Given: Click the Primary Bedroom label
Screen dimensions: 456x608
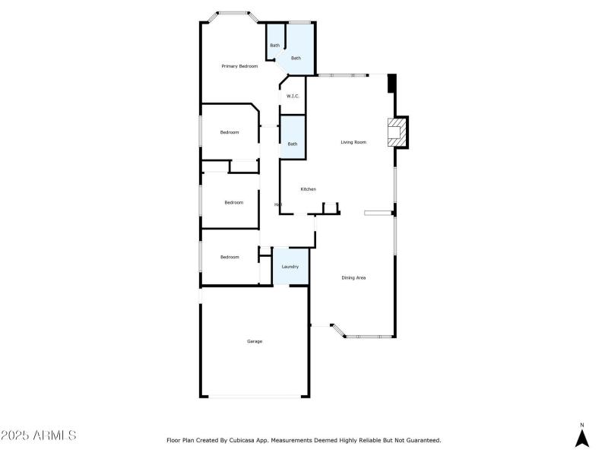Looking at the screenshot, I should (239, 67).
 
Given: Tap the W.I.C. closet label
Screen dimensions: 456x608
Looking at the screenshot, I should (293, 96).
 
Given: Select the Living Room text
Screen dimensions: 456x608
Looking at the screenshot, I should (353, 142).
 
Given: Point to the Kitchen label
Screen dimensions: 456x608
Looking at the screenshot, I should (308, 189).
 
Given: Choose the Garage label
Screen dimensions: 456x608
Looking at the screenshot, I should (255, 341).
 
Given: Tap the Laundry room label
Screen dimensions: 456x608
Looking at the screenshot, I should (290, 267).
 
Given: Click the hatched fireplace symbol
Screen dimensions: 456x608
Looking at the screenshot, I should (396, 132).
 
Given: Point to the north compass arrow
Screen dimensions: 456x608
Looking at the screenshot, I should (582, 439).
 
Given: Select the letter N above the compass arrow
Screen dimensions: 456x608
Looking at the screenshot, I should (582, 425).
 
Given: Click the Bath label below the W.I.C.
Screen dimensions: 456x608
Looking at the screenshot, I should (293, 144).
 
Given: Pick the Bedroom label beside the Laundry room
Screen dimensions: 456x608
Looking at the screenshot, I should (230, 257).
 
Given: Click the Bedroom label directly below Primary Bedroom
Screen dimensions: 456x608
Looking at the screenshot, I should (230, 132).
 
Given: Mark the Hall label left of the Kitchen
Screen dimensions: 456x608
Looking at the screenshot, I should (278, 204).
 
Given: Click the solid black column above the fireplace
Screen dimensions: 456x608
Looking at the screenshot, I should (392, 83).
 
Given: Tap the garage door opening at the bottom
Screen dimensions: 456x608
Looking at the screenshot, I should (255, 396).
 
